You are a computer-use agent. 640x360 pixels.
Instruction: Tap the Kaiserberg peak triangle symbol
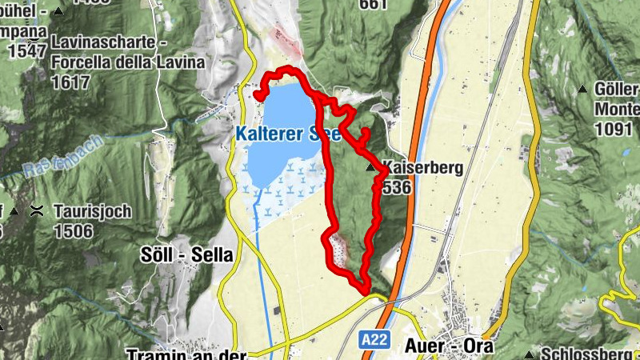pos(370,168)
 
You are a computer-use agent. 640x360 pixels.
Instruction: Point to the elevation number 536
pos(397,187)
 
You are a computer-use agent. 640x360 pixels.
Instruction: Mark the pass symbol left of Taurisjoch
pos(36,212)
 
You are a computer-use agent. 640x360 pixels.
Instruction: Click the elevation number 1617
pos(71,82)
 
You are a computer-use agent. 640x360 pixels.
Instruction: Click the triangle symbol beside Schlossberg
pos(530,354)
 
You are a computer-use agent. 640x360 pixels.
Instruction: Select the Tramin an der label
pos(186,353)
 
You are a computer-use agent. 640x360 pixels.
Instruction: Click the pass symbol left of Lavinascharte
pos(34,42)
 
